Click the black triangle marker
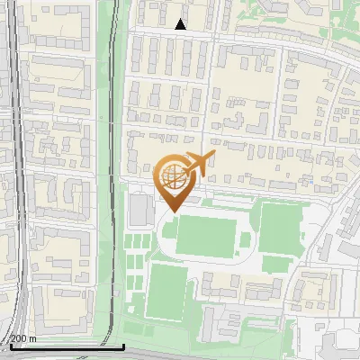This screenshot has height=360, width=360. point(181,24)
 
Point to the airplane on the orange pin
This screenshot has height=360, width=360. point(198,165)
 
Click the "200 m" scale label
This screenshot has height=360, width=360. point(22,338)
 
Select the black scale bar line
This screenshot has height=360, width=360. point(63,346)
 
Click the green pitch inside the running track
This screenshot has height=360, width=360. point(206,234)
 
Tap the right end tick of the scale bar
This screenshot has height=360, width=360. point(123,345)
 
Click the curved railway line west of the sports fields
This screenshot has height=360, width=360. point(114,180)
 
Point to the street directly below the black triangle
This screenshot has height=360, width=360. point(181,35)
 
